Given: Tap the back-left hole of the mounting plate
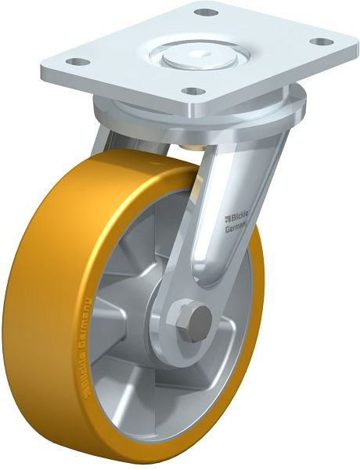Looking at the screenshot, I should (76, 60).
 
